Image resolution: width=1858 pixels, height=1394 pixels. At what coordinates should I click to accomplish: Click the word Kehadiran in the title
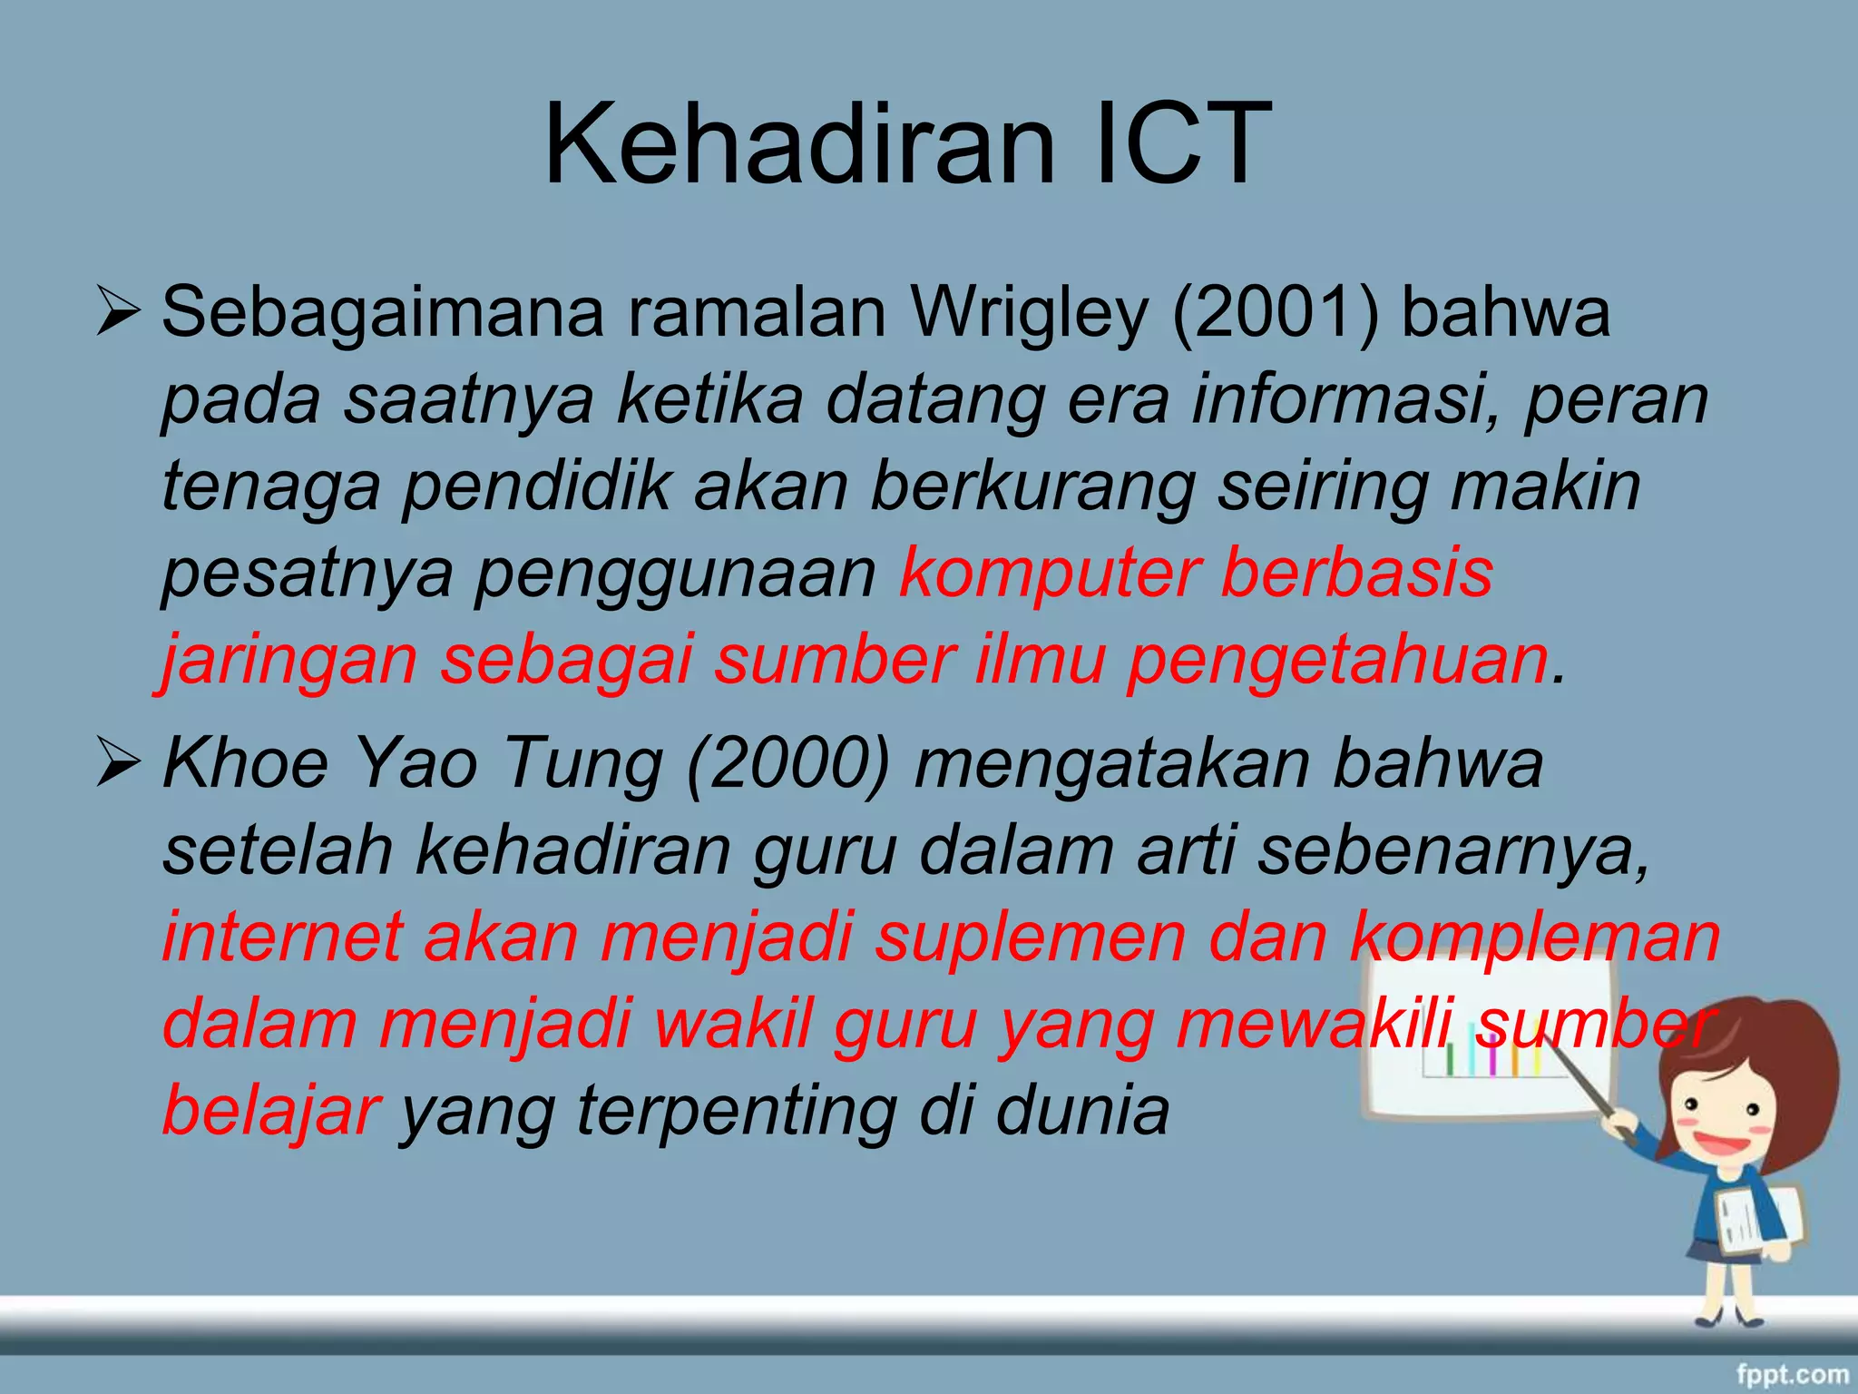tap(798, 145)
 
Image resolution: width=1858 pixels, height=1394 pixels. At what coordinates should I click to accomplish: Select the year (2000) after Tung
tap(788, 765)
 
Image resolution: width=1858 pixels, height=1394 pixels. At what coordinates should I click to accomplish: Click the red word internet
tap(282, 938)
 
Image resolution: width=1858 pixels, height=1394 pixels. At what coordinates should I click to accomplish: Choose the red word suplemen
tap(1030, 938)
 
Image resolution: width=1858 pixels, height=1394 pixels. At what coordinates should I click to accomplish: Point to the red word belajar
tap(270, 1112)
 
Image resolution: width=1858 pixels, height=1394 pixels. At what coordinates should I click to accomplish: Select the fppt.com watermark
tap(1792, 1374)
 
